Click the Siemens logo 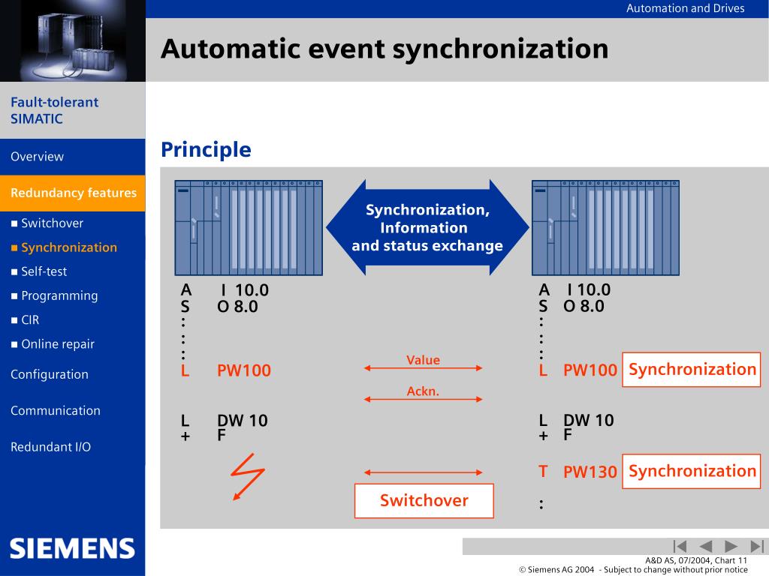72,548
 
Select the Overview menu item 38,157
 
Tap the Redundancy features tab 73,193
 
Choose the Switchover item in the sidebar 52,223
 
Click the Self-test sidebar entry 44,271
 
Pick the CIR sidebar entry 30,320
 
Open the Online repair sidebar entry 57,344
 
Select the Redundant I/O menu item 50,447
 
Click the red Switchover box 424,501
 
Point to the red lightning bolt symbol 248,476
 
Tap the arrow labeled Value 423,368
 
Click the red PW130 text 590,472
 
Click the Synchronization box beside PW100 692,370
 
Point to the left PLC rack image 249,228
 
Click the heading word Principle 206,150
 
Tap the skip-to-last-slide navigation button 757,546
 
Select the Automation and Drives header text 685,8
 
